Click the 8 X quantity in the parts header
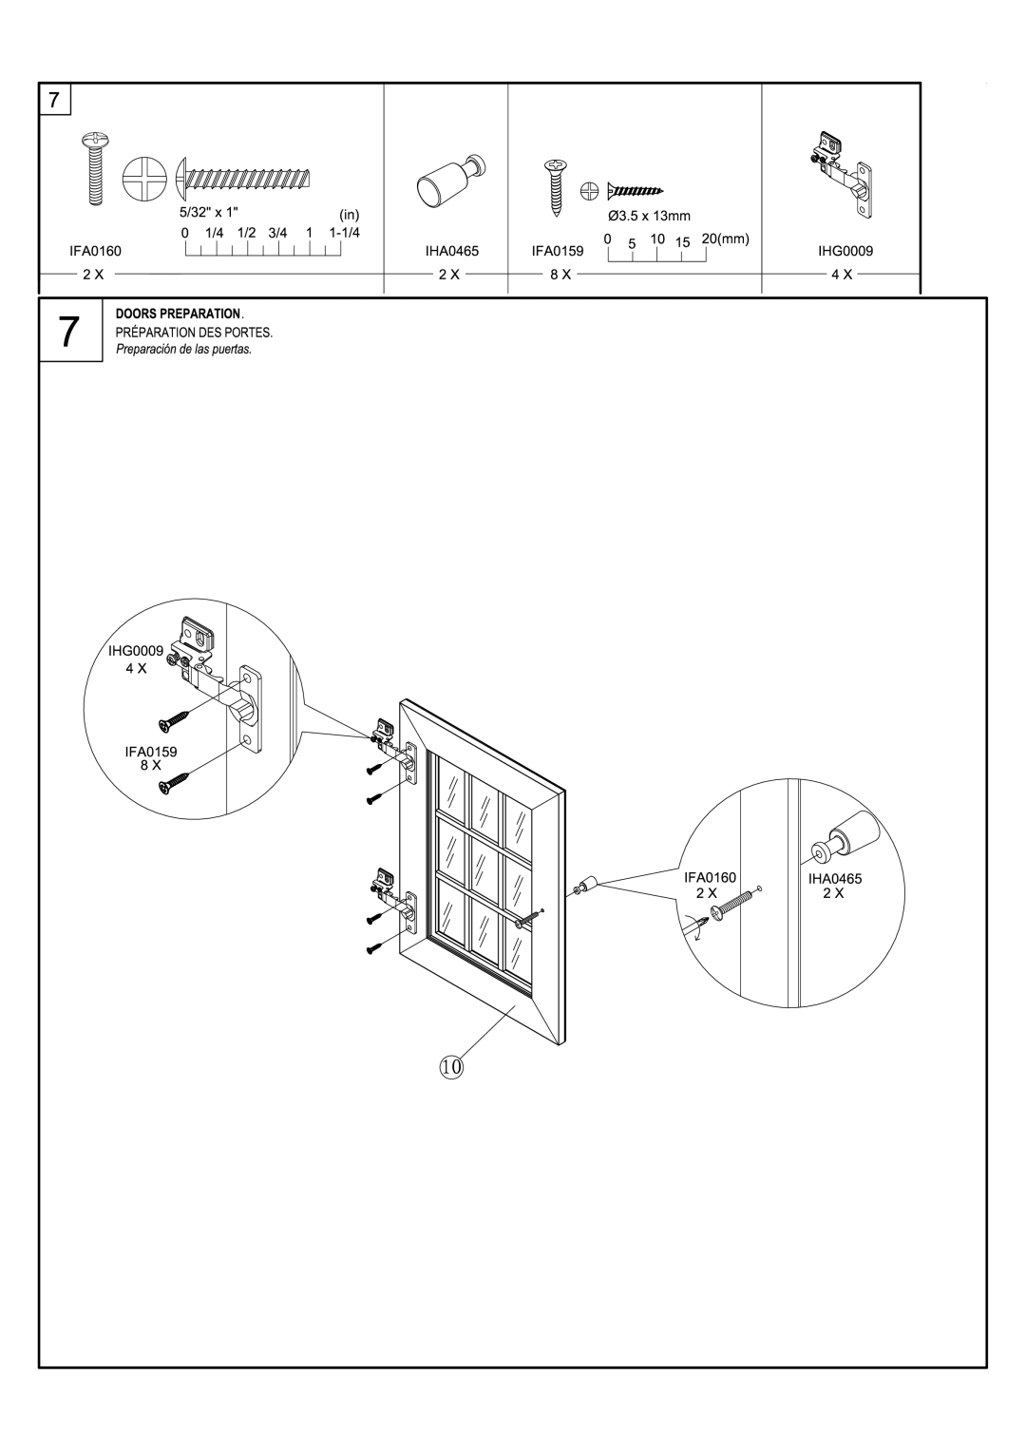(x=560, y=274)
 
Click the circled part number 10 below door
(x=451, y=1067)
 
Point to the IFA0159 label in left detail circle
(x=152, y=751)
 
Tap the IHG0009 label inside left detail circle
(x=142, y=651)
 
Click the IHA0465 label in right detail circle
(x=835, y=880)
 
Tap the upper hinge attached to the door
(x=394, y=741)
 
